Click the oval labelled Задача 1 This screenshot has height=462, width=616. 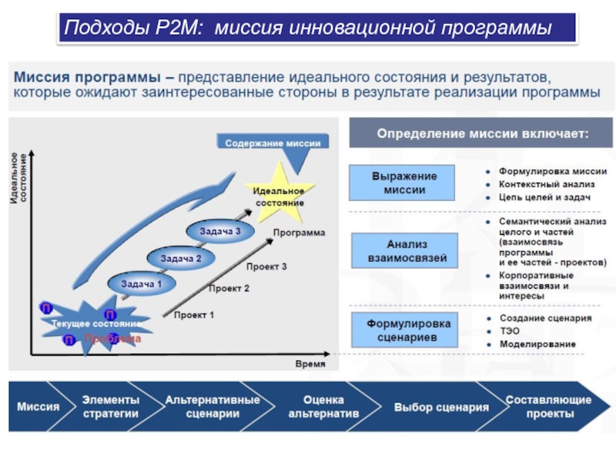(x=139, y=284)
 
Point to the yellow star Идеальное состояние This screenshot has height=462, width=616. (x=278, y=196)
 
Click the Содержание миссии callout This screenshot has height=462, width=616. (x=273, y=143)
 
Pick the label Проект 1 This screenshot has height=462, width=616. (x=193, y=315)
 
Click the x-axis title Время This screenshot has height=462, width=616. (x=310, y=363)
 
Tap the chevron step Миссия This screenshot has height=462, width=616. (x=38, y=406)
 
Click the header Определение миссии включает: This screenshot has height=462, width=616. (x=482, y=133)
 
